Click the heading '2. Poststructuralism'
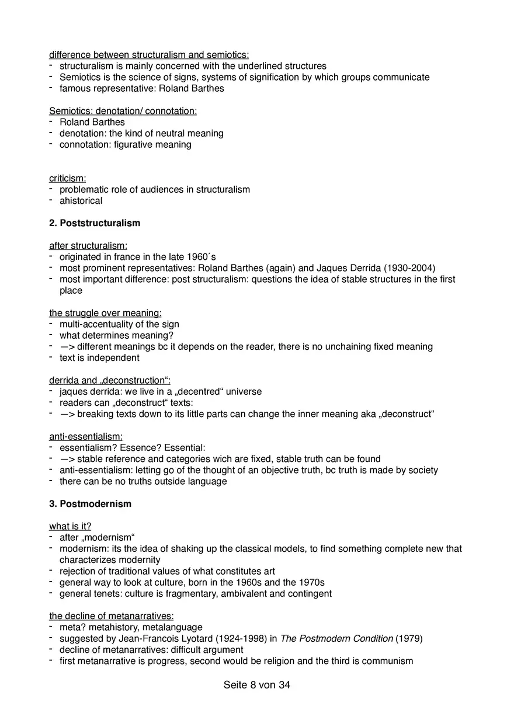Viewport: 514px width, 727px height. [x=95, y=223]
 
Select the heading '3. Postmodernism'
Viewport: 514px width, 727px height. [x=90, y=504]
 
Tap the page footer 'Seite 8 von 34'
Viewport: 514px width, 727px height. [x=256, y=685]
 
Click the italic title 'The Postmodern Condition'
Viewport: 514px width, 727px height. [x=336, y=639]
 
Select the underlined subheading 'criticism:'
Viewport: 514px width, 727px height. [x=67, y=178]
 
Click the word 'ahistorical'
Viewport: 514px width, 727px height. [x=81, y=201]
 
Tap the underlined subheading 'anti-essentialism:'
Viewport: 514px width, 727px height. [x=86, y=436]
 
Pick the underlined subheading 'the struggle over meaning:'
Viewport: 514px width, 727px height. [x=105, y=313]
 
